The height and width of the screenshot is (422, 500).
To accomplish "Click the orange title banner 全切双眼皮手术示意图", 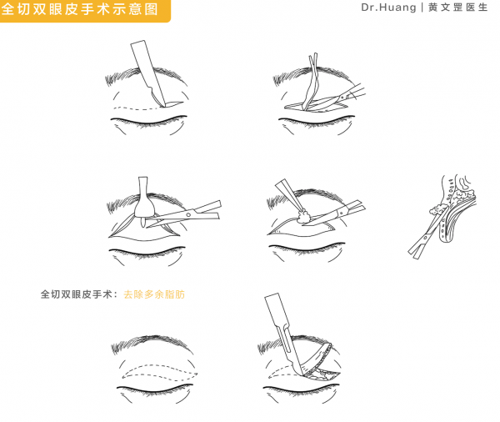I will (83, 10).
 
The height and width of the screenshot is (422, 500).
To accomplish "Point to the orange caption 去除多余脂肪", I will (153, 294).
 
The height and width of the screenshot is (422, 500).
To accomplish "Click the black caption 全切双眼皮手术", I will (79, 294).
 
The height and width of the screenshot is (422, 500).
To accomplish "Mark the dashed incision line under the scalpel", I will (133, 108).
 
